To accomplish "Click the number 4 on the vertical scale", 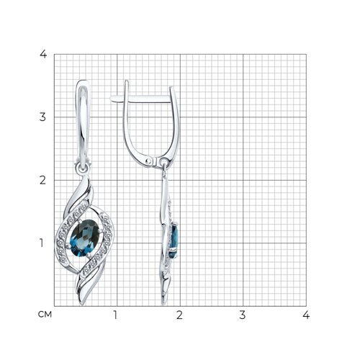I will point(44,55).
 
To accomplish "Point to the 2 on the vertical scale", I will point(44,180).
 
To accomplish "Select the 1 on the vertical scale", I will point(44,243).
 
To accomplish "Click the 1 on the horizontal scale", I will point(116,315).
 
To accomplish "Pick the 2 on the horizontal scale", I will point(179,315).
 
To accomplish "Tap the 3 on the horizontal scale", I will point(243,315).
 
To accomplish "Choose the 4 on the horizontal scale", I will point(305,315).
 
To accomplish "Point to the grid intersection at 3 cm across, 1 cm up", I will point(243,243).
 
